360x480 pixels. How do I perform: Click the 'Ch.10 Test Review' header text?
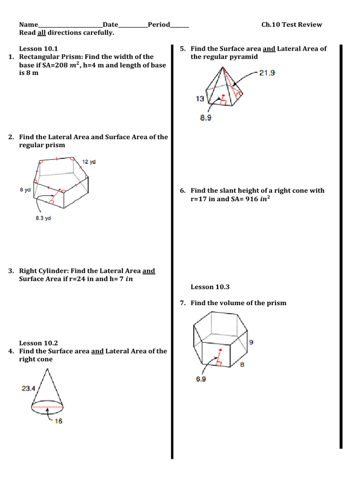coord(292,24)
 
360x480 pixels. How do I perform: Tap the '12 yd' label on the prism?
coord(89,162)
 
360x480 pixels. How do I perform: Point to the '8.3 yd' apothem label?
coord(43,218)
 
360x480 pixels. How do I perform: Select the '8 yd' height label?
coord(25,190)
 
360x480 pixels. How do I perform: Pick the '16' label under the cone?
coord(58,421)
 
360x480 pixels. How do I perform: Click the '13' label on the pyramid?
coord(200,98)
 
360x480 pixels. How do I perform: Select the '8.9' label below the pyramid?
coord(205,118)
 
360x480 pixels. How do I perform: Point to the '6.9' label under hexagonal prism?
coord(201,379)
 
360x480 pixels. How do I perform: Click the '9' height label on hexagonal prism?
coord(251,342)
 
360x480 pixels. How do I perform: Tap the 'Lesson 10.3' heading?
coord(210,287)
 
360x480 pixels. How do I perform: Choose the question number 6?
coord(182,190)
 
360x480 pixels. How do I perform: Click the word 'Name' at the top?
coord(28,24)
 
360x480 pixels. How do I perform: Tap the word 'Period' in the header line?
coord(158,24)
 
